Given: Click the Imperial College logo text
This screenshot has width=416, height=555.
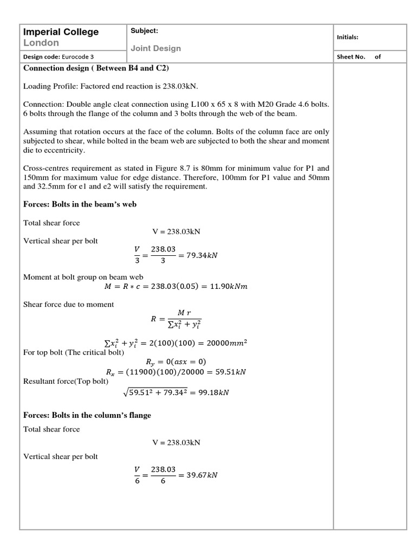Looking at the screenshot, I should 61,32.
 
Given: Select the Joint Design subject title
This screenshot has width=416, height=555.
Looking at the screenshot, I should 155,48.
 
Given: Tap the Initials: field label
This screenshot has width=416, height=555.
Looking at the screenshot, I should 347,37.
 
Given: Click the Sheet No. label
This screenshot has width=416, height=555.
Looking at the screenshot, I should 350,57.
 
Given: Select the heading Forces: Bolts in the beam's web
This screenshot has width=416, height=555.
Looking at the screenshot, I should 80,204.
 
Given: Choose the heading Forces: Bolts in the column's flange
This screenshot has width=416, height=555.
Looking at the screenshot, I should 87,415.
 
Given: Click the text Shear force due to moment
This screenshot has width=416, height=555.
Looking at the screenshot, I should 68,305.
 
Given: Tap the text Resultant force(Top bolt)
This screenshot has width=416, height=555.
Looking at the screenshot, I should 66,381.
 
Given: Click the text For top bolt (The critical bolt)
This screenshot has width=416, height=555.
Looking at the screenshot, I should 74,352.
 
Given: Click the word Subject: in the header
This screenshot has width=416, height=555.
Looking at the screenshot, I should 144,31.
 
